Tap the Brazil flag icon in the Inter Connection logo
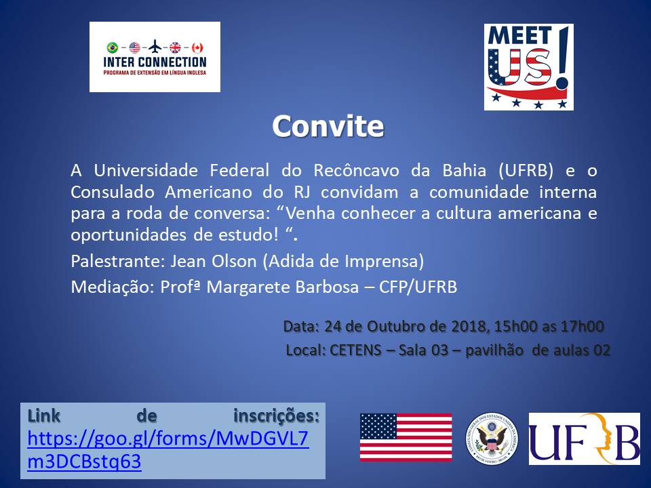[113, 47]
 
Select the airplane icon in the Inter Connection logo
[155, 47]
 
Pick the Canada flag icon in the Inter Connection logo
[197, 47]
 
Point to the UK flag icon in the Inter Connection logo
[176, 47]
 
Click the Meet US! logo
[528, 66]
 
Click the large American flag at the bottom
[406, 437]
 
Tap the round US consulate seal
[491, 438]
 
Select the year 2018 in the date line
[467, 326]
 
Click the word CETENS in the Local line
[357, 350]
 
